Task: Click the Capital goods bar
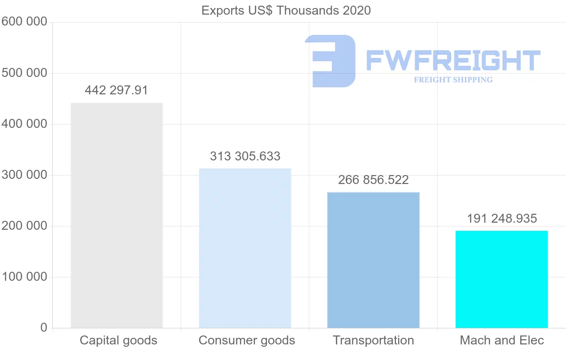[x=117, y=215]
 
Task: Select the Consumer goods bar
[x=245, y=248]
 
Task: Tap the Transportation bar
[x=373, y=260]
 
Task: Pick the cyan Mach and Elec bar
[x=501, y=279]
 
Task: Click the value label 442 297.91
[x=117, y=90]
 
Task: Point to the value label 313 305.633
[x=245, y=156]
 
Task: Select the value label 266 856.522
[x=373, y=180]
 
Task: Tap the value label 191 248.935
[x=502, y=218]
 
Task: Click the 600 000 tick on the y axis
[x=24, y=22]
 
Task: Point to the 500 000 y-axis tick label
[x=24, y=73]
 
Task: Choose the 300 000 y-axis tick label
[x=24, y=175]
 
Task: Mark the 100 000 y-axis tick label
[x=24, y=277]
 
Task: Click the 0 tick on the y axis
[x=44, y=327]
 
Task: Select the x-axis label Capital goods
[x=118, y=340]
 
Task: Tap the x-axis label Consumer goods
[x=247, y=340]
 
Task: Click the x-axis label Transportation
[x=373, y=340]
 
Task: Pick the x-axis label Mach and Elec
[x=502, y=340]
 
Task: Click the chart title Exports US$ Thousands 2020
[x=286, y=10]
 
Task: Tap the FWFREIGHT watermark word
[x=453, y=60]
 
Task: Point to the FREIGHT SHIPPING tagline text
[x=453, y=80]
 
